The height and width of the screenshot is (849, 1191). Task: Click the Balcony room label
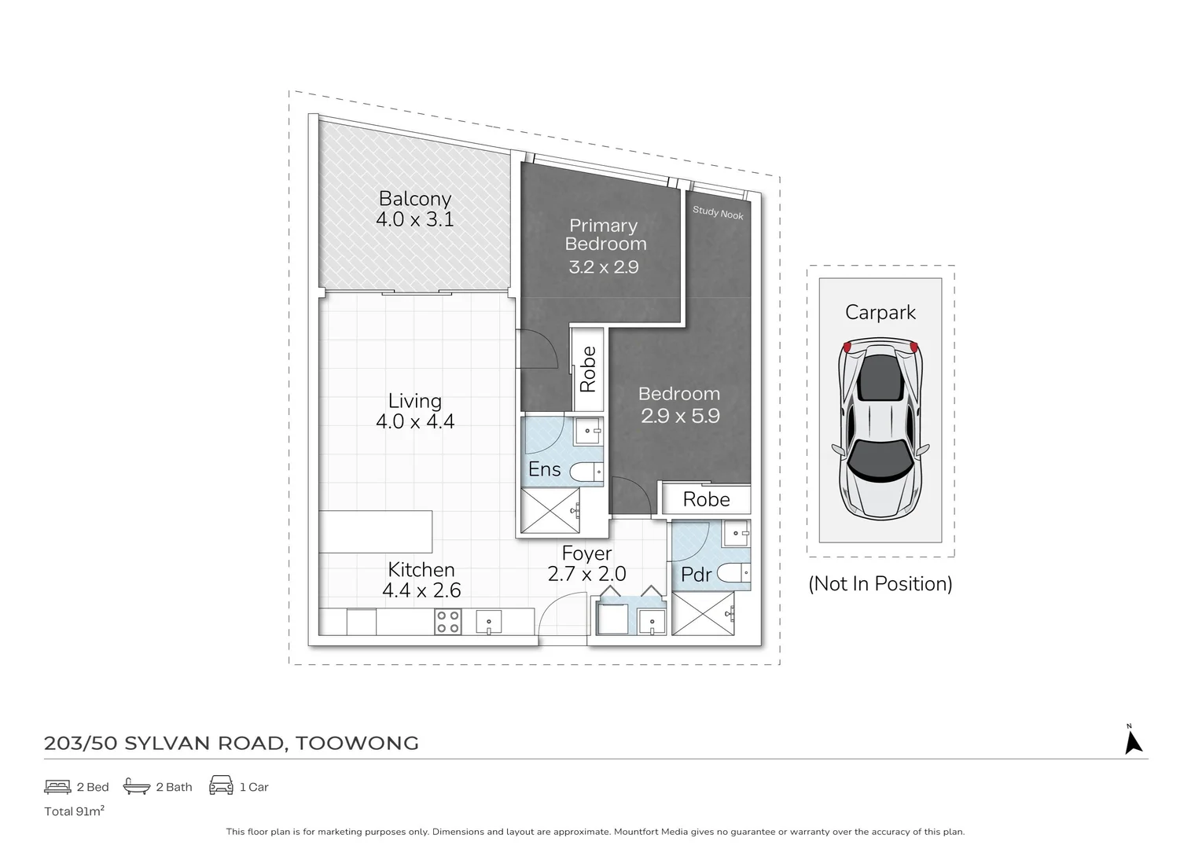click(415, 198)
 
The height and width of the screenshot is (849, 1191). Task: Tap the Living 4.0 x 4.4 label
click(415, 411)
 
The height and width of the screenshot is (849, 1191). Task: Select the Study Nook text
click(718, 213)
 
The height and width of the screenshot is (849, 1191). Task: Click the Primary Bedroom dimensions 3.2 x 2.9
click(604, 266)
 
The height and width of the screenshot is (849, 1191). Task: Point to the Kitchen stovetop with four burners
click(447, 622)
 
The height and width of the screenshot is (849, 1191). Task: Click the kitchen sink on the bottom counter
click(489, 622)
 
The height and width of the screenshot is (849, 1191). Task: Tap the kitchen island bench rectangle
click(375, 531)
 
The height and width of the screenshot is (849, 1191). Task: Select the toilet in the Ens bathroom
click(586, 472)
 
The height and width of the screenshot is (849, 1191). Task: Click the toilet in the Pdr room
click(733, 574)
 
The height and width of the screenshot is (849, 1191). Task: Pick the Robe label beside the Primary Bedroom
click(588, 369)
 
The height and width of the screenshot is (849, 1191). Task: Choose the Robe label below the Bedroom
click(706, 499)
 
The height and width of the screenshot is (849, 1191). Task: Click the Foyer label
click(586, 553)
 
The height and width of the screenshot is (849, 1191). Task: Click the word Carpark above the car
click(880, 313)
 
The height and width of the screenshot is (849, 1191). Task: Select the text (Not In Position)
click(880, 584)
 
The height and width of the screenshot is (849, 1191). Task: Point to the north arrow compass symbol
click(1133, 742)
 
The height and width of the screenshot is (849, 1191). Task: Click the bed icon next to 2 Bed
click(57, 787)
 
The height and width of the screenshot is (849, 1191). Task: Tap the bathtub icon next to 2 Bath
click(136, 786)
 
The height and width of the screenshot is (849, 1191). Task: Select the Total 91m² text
click(74, 810)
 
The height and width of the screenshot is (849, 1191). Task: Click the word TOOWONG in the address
click(357, 743)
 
